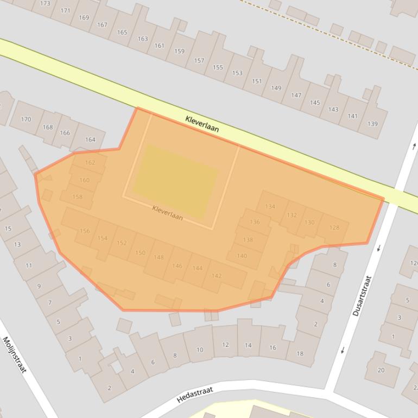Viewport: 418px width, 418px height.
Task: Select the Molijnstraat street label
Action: point(15,354)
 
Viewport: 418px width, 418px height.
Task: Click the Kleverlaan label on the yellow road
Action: point(202,124)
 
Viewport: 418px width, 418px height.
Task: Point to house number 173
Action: point(46,4)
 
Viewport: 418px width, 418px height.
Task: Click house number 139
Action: point(372,124)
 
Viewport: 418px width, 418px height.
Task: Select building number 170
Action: point(26,119)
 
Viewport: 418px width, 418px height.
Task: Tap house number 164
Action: point(90,140)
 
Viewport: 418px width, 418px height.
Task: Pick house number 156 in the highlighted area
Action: point(85,231)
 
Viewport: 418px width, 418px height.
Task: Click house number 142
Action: point(217,276)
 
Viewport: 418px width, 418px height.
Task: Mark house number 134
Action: point(270,207)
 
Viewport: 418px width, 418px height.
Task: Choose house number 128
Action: point(334,227)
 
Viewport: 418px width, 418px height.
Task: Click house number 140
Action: point(242,256)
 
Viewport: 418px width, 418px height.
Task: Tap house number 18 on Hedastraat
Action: point(300,353)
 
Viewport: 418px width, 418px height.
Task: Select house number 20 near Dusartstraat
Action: point(381,370)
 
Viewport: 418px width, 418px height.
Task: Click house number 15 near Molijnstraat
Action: point(8,229)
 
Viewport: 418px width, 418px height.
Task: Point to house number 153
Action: point(237,73)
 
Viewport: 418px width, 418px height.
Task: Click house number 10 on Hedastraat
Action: point(200,350)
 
